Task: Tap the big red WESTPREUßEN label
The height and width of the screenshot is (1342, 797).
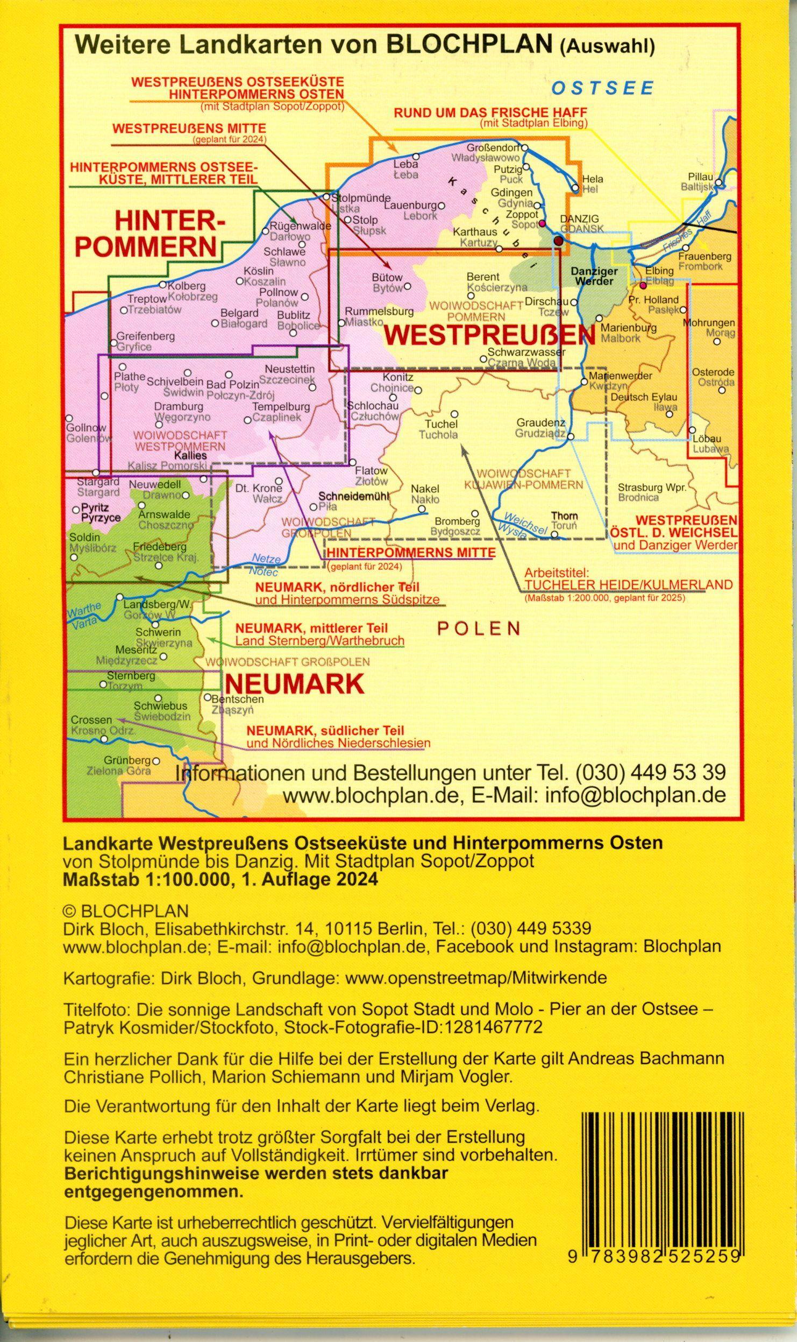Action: coord(490,335)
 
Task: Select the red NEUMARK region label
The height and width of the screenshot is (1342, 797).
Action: coord(294,684)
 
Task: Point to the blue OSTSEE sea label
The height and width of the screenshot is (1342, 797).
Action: coord(603,88)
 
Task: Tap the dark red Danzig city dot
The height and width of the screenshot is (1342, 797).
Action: coord(559,241)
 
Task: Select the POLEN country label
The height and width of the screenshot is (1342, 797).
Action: coord(478,629)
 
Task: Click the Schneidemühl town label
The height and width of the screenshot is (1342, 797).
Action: coord(353,496)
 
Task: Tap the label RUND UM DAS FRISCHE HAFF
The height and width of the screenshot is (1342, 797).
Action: coord(490,113)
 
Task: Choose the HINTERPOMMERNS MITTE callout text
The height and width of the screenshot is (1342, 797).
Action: coord(411,552)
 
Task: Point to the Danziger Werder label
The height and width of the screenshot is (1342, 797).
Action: coord(594,276)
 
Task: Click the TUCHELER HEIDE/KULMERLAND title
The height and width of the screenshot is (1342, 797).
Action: coord(628,584)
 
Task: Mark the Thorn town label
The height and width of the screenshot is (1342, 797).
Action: coord(564,515)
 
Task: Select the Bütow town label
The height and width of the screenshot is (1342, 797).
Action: coord(387,278)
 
